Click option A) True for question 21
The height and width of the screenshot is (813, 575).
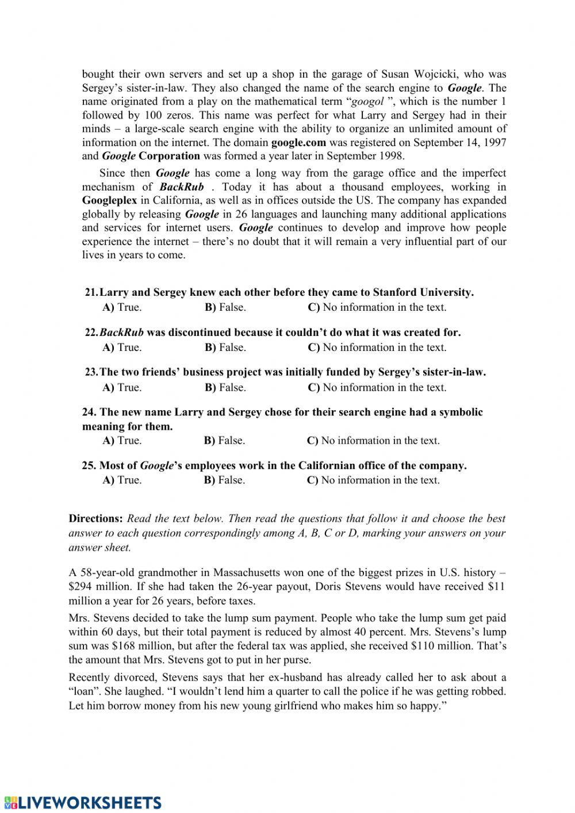coord(122,307)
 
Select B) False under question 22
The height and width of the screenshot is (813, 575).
coord(225,348)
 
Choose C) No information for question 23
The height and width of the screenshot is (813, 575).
coord(377,388)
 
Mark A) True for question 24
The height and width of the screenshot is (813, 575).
coord(122,441)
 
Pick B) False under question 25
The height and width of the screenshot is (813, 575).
coord(224,480)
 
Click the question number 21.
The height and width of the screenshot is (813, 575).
coord(91,292)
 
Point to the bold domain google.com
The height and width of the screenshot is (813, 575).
coord(298,143)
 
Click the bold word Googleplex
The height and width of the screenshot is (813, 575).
coord(109,201)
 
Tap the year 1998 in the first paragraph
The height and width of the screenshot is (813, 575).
coord(392,157)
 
